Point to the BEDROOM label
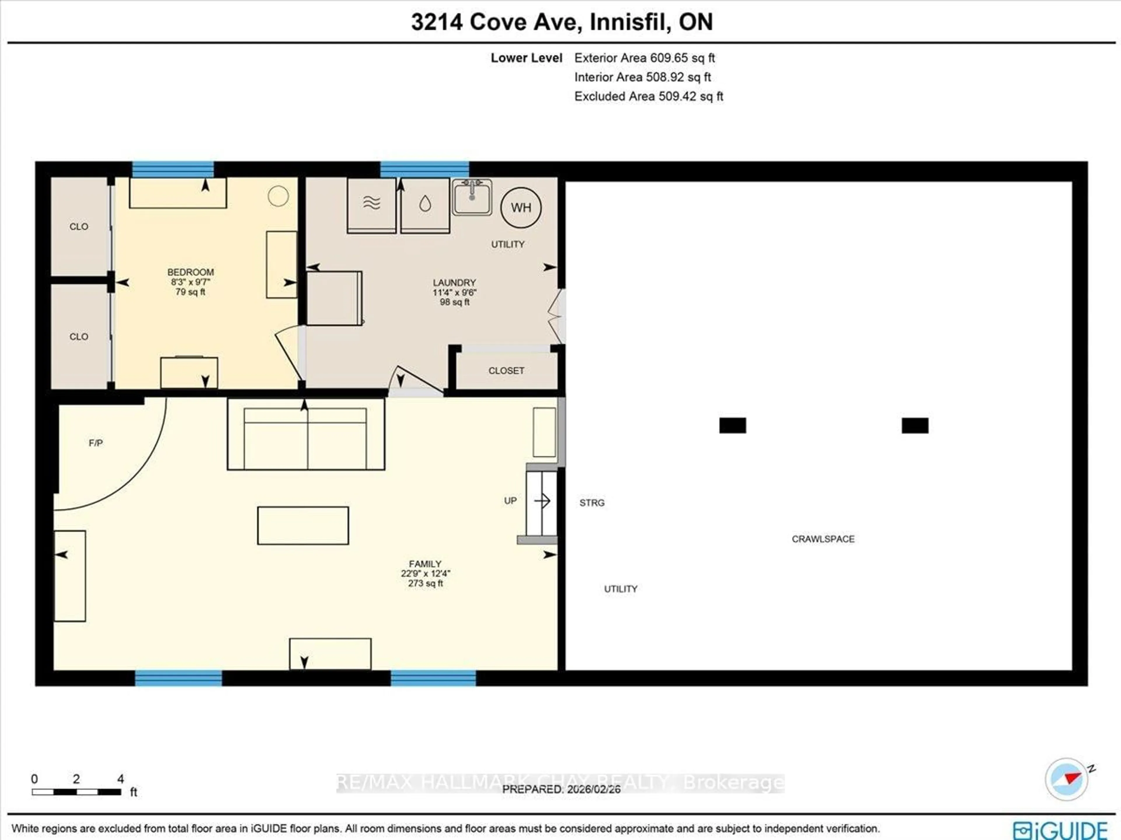point(191,272)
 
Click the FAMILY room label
point(425,564)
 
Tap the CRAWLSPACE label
point(823,539)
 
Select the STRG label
point(591,502)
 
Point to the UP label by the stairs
point(510,500)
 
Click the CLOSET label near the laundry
point(506,371)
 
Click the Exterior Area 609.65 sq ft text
point(644,58)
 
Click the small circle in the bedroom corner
point(278,196)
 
